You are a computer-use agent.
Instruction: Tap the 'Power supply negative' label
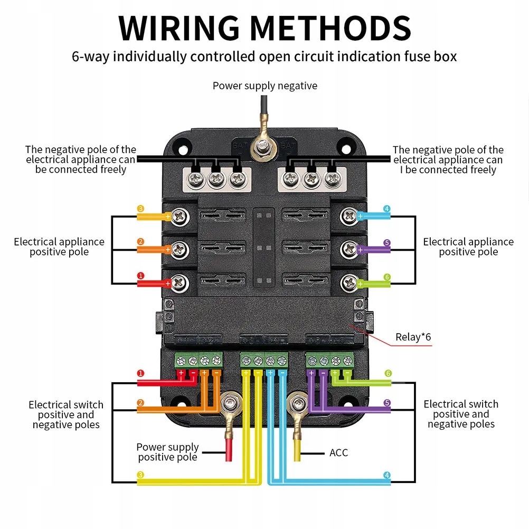pos(264,86)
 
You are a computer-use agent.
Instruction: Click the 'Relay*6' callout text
pos(413,337)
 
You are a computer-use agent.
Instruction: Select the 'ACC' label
pos(338,452)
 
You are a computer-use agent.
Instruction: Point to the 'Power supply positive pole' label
pos(167,452)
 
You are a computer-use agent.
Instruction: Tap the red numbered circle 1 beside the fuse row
pos(140,276)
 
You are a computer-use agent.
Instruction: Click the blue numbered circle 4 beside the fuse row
pos(387,209)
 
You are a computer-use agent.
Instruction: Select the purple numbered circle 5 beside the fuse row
pos(387,243)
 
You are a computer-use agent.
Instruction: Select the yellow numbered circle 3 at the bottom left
pos(140,475)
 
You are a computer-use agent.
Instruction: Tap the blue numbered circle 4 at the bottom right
pos(387,475)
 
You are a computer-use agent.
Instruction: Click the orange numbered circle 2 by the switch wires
pos(140,403)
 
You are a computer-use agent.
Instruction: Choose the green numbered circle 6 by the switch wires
pos(388,374)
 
